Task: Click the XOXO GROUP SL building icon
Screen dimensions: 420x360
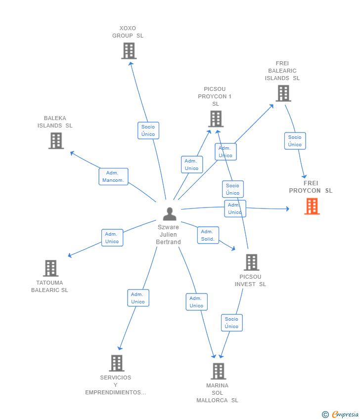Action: tap(129, 51)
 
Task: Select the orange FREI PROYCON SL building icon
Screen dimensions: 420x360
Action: tap(312, 206)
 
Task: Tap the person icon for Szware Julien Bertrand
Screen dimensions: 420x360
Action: tap(170, 214)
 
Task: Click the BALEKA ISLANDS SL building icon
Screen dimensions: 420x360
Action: tap(56, 141)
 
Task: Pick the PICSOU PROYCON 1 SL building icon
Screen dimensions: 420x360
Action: tap(216, 119)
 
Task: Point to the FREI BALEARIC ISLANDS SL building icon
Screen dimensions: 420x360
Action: tap(283, 93)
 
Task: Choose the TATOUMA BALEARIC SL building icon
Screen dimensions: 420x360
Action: tap(50, 268)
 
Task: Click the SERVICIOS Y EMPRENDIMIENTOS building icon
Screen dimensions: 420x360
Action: tap(116, 363)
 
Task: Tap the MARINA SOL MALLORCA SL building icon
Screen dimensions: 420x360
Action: tap(218, 371)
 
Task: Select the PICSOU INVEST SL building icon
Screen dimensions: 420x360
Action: tap(251, 262)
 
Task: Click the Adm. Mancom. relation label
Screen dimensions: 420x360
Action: tap(113, 176)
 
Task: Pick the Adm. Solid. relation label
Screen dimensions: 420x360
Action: tap(208, 235)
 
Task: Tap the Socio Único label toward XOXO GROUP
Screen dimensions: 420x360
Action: tap(148, 130)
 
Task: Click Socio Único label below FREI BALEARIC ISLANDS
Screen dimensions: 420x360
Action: tap(295, 141)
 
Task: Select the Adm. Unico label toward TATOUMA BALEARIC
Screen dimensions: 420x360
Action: tap(112, 238)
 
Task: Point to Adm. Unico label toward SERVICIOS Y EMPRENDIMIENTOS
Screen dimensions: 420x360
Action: tap(138, 298)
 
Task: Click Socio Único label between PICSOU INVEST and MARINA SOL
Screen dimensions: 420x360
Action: tap(231, 323)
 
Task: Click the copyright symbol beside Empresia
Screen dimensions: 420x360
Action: tap(325, 415)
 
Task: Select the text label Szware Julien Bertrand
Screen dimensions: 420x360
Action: tap(169, 235)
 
